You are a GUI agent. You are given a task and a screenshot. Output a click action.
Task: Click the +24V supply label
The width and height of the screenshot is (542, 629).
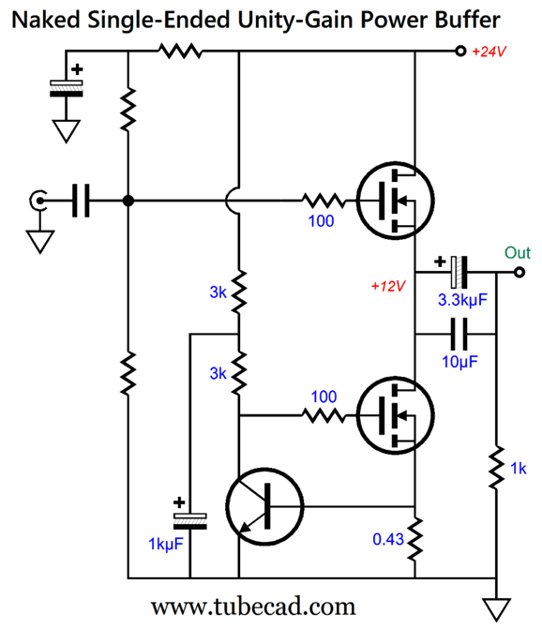[x=489, y=52]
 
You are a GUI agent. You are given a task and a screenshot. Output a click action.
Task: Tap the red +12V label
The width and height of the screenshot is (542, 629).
[x=388, y=286]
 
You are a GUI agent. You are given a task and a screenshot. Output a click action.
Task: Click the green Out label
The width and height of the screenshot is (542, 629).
[x=517, y=253]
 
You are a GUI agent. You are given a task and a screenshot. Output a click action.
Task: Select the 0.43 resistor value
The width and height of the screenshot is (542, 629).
[x=388, y=539]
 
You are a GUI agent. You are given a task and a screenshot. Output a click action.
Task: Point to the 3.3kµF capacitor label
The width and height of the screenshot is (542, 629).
[x=462, y=300]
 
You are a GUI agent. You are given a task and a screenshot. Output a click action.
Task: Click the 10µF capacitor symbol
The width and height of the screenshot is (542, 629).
[x=459, y=334]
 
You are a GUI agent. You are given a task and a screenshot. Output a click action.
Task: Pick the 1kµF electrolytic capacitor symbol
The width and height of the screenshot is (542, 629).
[x=189, y=520]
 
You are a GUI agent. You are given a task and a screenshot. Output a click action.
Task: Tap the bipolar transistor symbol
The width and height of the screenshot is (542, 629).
[x=264, y=506]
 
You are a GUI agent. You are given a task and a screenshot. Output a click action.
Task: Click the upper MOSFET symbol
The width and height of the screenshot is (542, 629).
[x=395, y=201]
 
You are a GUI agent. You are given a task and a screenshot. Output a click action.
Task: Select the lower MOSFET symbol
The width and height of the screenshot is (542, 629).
[x=395, y=415]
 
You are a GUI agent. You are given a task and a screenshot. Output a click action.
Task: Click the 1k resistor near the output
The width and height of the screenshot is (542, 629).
[x=496, y=467]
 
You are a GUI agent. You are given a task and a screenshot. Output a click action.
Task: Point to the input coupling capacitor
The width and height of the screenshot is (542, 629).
[x=81, y=201]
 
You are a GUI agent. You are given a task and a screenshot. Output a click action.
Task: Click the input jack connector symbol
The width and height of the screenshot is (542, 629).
[x=38, y=201]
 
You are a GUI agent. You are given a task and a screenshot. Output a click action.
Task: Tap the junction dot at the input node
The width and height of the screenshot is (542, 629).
[x=128, y=201]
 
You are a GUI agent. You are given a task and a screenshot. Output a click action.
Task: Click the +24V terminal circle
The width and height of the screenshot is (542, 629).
[x=460, y=52]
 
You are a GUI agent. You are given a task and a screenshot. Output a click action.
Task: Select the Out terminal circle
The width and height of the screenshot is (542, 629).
[x=519, y=273]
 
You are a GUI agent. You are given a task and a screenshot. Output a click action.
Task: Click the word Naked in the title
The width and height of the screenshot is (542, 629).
[x=46, y=20]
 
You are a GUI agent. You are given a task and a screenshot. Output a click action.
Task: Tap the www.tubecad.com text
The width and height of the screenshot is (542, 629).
[x=253, y=607]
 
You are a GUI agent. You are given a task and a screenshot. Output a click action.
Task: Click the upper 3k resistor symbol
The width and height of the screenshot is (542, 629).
[x=239, y=292]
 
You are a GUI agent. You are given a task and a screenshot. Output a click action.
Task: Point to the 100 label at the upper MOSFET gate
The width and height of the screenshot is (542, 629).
[x=321, y=221]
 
